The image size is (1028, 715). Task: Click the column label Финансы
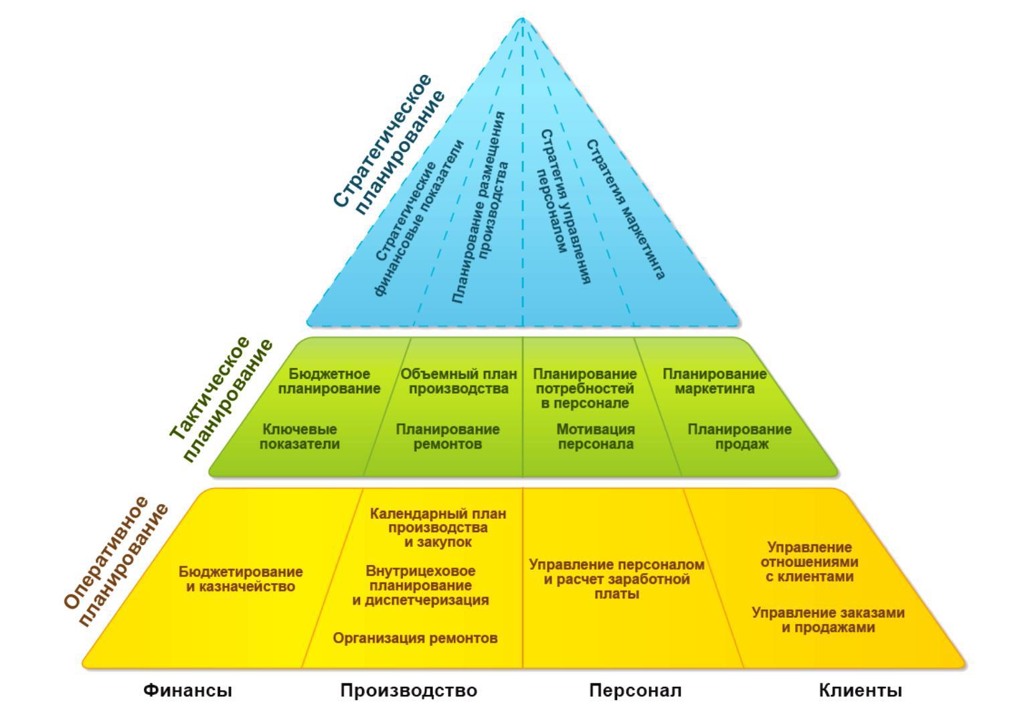click(187, 690)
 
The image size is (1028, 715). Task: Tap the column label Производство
click(408, 690)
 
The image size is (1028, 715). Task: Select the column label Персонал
click(635, 690)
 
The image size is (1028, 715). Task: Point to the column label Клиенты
click(860, 690)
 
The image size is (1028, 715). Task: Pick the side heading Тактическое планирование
click(221, 400)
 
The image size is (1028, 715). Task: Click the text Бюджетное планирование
click(329, 381)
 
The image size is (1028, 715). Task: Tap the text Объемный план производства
click(458, 381)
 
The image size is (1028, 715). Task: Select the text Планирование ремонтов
click(447, 436)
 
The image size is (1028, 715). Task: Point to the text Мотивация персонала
click(596, 436)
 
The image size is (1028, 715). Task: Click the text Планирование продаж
click(740, 436)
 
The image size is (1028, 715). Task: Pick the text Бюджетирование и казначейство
click(240, 579)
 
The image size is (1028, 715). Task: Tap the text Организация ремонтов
click(415, 638)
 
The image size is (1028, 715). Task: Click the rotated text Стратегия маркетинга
click(625, 209)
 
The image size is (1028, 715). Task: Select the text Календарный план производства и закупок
click(438, 528)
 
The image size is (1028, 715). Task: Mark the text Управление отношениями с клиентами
click(809, 562)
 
